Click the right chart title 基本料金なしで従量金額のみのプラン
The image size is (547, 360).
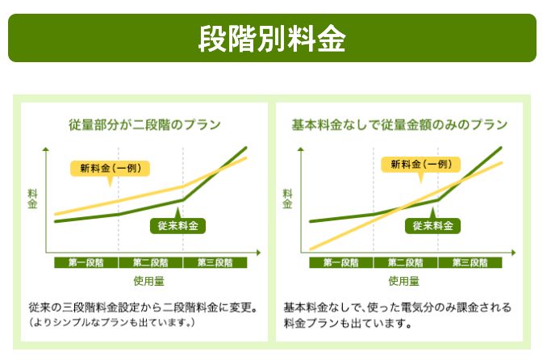[x=399, y=125]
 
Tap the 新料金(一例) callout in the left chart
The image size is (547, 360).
[x=111, y=168]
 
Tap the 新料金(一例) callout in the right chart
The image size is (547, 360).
[x=420, y=165]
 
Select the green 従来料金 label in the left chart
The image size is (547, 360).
[x=178, y=225]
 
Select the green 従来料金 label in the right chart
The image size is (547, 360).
[x=432, y=225]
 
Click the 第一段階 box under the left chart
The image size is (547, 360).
[x=86, y=262]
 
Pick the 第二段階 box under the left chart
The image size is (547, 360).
[x=150, y=262]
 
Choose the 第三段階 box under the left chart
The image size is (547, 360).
[x=215, y=262]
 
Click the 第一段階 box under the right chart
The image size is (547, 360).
[x=340, y=262]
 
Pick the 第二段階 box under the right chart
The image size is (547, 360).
[x=405, y=262]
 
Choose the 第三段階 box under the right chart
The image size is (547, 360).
[x=470, y=262]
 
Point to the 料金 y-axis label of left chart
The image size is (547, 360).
[x=32, y=199]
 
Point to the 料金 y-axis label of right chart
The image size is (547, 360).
[x=287, y=199]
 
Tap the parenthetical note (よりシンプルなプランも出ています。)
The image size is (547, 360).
[x=113, y=322]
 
